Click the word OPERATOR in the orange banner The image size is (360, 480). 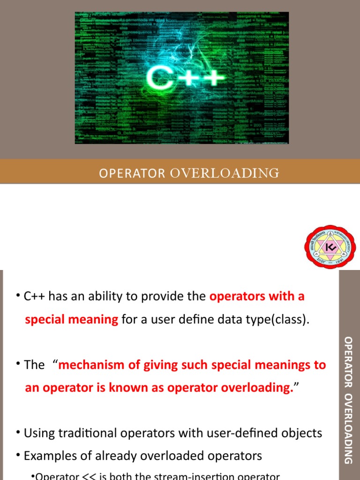point(132,173)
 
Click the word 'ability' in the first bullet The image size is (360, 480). point(89,296)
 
